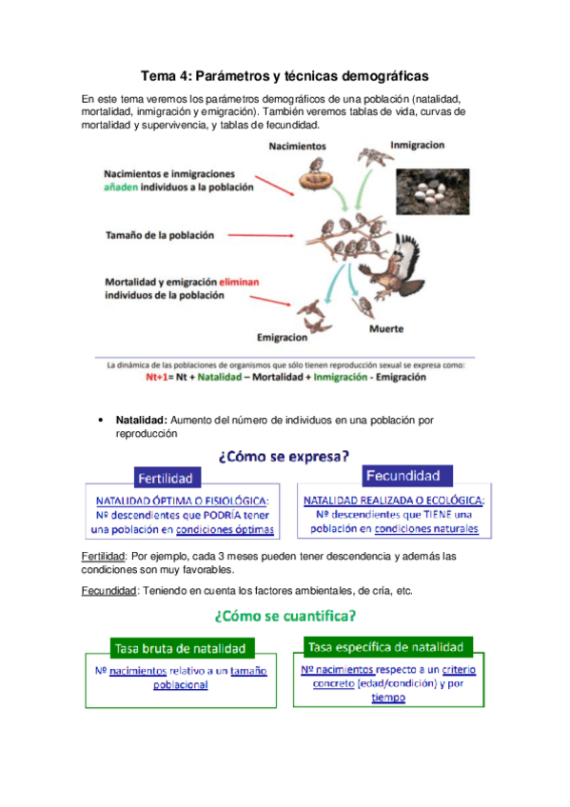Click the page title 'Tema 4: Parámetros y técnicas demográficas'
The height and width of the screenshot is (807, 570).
coord(285,75)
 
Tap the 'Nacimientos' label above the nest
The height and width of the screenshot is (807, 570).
coord(297,147)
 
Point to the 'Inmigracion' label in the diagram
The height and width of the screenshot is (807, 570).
coord(416,146)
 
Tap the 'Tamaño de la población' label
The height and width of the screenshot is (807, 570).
coord(159,234)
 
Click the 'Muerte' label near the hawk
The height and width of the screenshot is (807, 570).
coord(385,328)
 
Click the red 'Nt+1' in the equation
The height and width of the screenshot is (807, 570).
coord(159,377)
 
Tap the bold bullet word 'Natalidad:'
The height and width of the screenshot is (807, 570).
coord(142,419)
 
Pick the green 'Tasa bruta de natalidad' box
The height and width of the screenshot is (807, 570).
coord(180,648)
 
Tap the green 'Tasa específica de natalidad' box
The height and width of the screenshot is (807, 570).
coord(387,647)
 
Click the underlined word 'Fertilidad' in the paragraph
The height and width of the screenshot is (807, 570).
coord(104,556)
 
